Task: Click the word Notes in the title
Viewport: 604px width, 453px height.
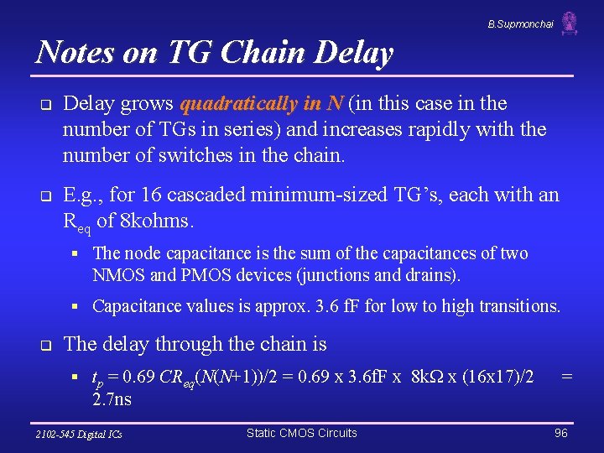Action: [x=74, y=53]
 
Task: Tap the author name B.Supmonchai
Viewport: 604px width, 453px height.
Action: [x=520, y=24]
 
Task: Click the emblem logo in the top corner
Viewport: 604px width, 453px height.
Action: [x=570, y=23]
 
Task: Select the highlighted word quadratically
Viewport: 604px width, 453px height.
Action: [x=237, y=104]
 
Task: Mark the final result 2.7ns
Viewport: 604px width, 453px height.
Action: [x=112, y=398]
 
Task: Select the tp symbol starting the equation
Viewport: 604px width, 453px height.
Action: [x=97, y=379]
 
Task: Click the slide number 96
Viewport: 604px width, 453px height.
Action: [x=561, y=433]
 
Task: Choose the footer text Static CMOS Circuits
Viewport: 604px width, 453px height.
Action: [x=301, y=433]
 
